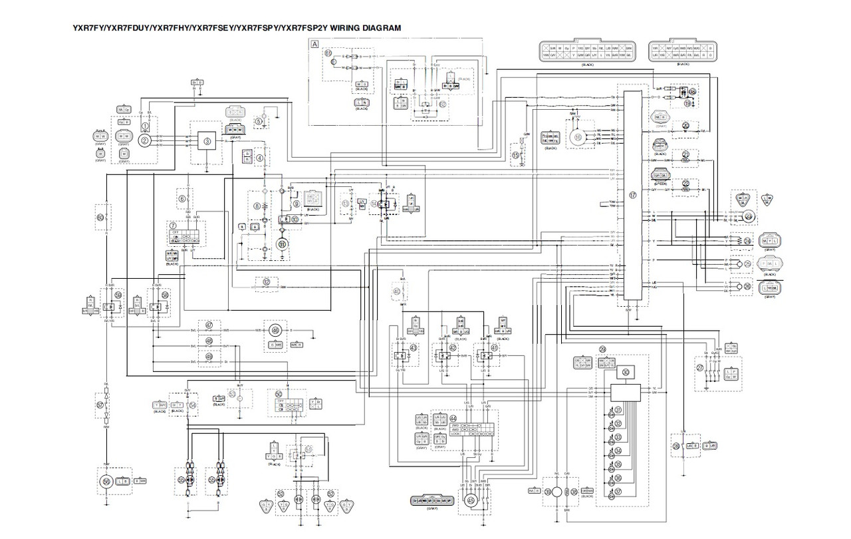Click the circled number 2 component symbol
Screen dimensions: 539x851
click(x=144, y=140)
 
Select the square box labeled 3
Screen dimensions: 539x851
click(x=207, y=141)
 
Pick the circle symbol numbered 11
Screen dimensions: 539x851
click(x=281, y=246)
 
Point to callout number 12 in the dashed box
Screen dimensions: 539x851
click(x=266, y=281)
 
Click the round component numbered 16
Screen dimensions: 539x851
click(x=578, y=138)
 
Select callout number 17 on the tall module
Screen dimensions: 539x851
click(x=632, y=196)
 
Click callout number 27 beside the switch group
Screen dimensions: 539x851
click(x=699, y=367)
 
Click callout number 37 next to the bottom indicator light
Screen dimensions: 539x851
click(x=618, y=492)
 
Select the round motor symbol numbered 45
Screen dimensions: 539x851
click(x=471, y=500)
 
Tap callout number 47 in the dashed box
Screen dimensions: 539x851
click(x=209, y=325)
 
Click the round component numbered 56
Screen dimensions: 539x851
click(x=105, y=480)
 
